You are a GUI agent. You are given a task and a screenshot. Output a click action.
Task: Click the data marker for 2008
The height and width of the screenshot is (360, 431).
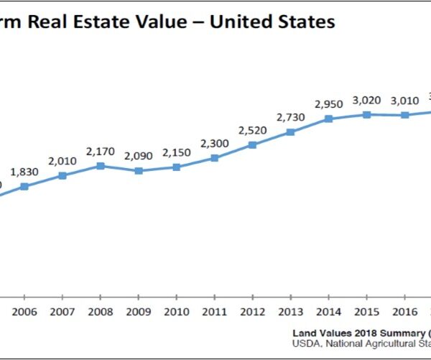click(101, 165)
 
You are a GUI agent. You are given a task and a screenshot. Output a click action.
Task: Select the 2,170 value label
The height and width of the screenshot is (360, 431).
click(101, 152)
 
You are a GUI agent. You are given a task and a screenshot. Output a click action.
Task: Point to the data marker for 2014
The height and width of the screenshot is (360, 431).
click(328, 119)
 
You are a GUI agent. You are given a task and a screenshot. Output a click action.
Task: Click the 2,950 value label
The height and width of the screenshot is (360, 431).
click(328, 105)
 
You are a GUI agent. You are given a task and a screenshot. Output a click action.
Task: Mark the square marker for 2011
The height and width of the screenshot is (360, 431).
click(214, 157)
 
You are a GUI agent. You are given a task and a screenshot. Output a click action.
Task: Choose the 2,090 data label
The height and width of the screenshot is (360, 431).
click(139, 156)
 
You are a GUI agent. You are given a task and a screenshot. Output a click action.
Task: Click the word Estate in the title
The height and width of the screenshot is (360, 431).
click(141, 22)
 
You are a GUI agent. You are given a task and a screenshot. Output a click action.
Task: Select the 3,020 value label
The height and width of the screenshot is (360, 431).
click(366, 100)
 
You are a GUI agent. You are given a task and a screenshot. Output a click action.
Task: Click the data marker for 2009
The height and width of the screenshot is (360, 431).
click(139, 170)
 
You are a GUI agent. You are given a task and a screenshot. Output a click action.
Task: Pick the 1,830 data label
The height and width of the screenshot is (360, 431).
click(24, 172)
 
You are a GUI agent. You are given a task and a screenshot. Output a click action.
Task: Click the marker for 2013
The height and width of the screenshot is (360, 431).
click(290, 132)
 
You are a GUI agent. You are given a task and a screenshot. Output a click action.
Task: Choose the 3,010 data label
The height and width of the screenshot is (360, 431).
click(404, 101)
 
